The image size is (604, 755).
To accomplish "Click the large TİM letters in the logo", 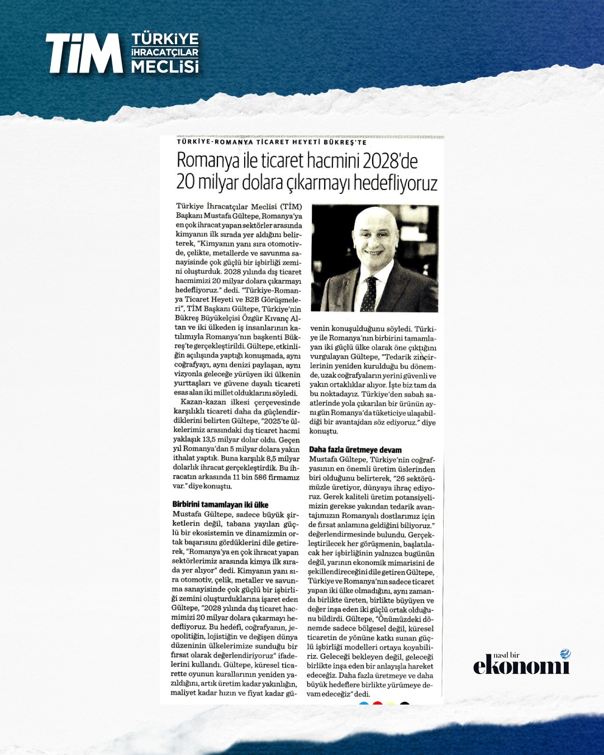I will (84, 53).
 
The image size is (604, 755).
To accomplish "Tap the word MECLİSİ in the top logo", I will (165, 67).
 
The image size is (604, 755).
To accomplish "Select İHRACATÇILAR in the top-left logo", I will (165, 53).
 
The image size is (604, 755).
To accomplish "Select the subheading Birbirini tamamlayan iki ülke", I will (221, 505).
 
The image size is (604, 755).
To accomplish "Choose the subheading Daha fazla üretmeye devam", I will (355, 450).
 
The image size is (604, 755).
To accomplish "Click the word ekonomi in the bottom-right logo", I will (521, 666).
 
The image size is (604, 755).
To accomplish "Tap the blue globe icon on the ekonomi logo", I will (565, 654).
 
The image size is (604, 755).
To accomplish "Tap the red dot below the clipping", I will (377, 704).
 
